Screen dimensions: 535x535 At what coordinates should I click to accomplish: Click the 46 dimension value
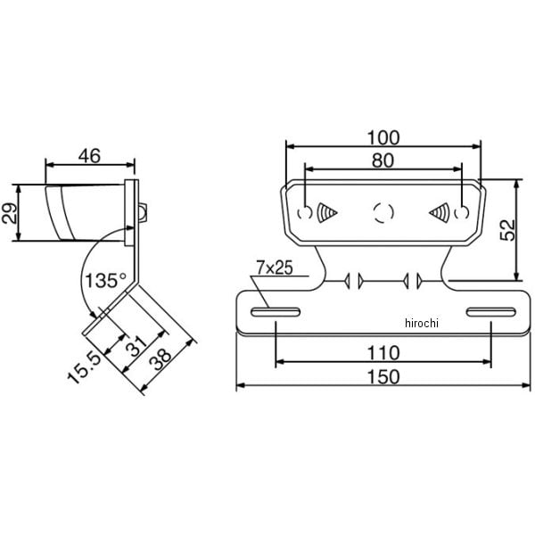point(89,156)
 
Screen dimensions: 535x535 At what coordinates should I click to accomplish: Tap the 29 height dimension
point(9,213)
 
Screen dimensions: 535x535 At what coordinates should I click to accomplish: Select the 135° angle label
point(106,281)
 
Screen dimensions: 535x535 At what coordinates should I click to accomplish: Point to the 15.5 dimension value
point(85,368)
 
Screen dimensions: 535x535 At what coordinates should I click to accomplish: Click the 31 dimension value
point(136,346)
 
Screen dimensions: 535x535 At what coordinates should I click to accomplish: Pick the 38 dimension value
point(160,359)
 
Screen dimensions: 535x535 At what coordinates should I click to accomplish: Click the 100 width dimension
point(383,138)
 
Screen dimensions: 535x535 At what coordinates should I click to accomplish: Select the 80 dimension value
point(383,160)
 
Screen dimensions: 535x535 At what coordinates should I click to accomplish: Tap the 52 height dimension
point(507,230)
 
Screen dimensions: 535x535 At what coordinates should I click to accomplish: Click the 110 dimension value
point(383,353)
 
